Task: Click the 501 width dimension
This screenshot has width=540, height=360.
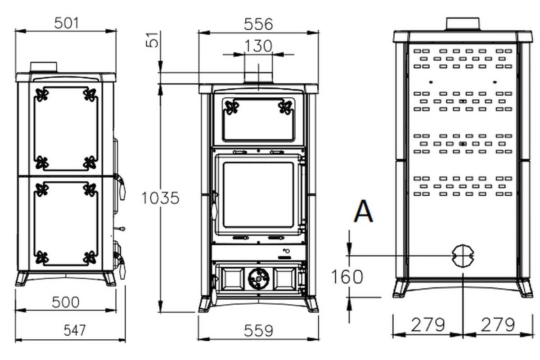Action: [x=66, y=23]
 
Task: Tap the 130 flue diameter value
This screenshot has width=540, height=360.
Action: [x=258, y=45]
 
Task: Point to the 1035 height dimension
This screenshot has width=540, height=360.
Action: [x=160, y=198]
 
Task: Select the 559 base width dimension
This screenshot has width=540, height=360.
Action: [x=258, y=331]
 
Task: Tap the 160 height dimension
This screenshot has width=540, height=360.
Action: [x=347, y=277]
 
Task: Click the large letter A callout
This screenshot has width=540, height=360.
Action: [x=363, y=212]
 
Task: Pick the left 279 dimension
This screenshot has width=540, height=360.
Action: [x=427, y=324]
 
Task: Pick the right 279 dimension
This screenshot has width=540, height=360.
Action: [x=497, y=324]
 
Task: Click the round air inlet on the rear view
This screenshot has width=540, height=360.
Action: [x=463, y=256]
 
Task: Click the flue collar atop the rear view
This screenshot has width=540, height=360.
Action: [x=463, y=24]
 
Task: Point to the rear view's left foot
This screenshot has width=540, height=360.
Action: [x=400, y=288]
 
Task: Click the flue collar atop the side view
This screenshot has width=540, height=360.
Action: [x=44, y=67]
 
